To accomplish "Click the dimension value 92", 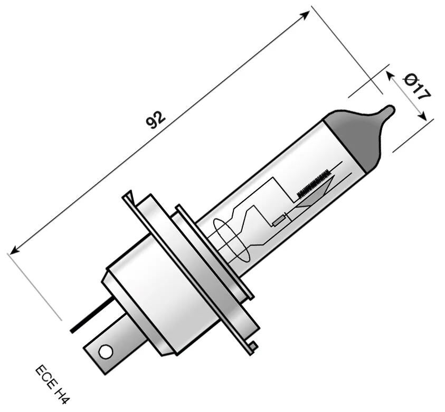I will tap(156, 120).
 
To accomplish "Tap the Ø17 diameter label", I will tap(417, 87).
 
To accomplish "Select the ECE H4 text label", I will tap(53, 383).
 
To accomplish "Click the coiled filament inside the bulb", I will tap(314, 183).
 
